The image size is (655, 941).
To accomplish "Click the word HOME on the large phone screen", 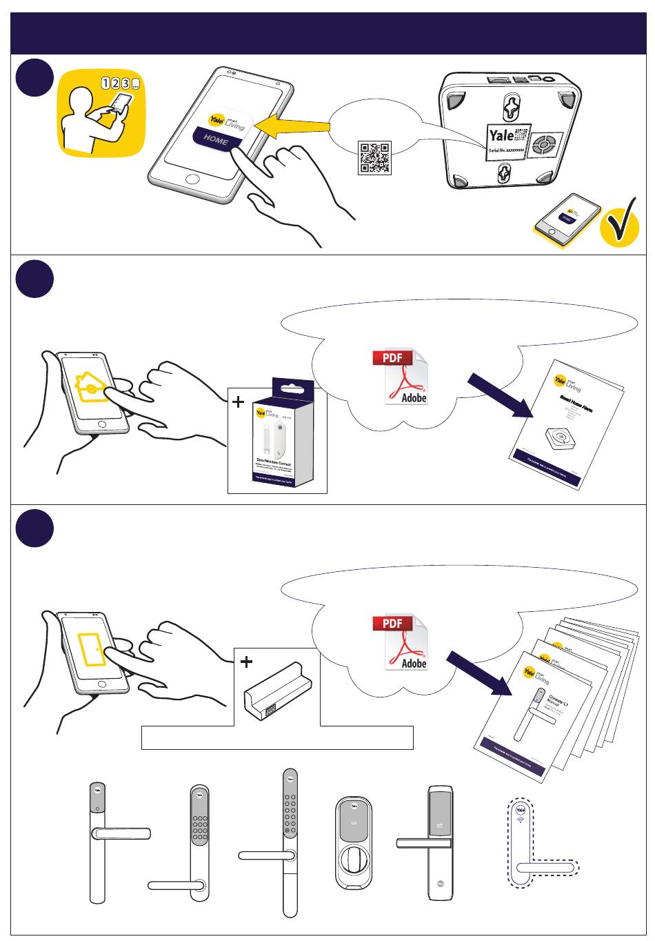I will (x=215, y=139).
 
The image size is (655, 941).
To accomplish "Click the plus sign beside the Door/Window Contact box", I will (x=239, y=402).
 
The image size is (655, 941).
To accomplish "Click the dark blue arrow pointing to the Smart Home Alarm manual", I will (x=501, y=395).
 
